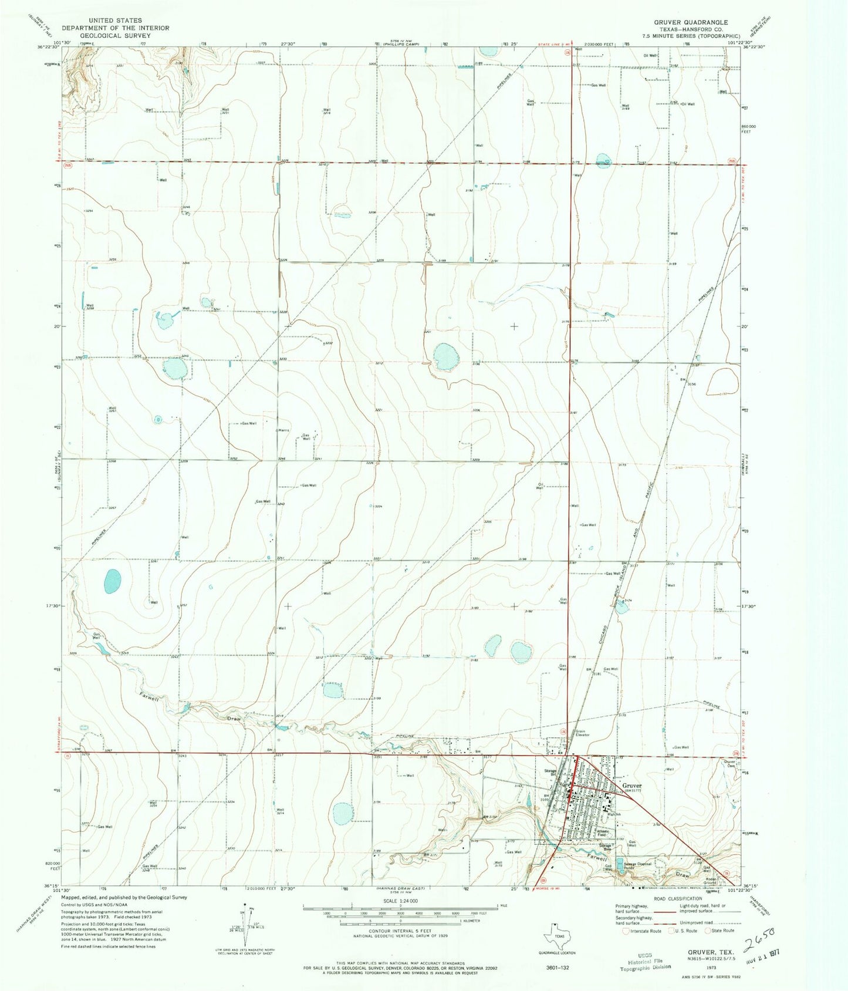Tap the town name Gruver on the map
point(632,786)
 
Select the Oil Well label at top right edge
point(650,55)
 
